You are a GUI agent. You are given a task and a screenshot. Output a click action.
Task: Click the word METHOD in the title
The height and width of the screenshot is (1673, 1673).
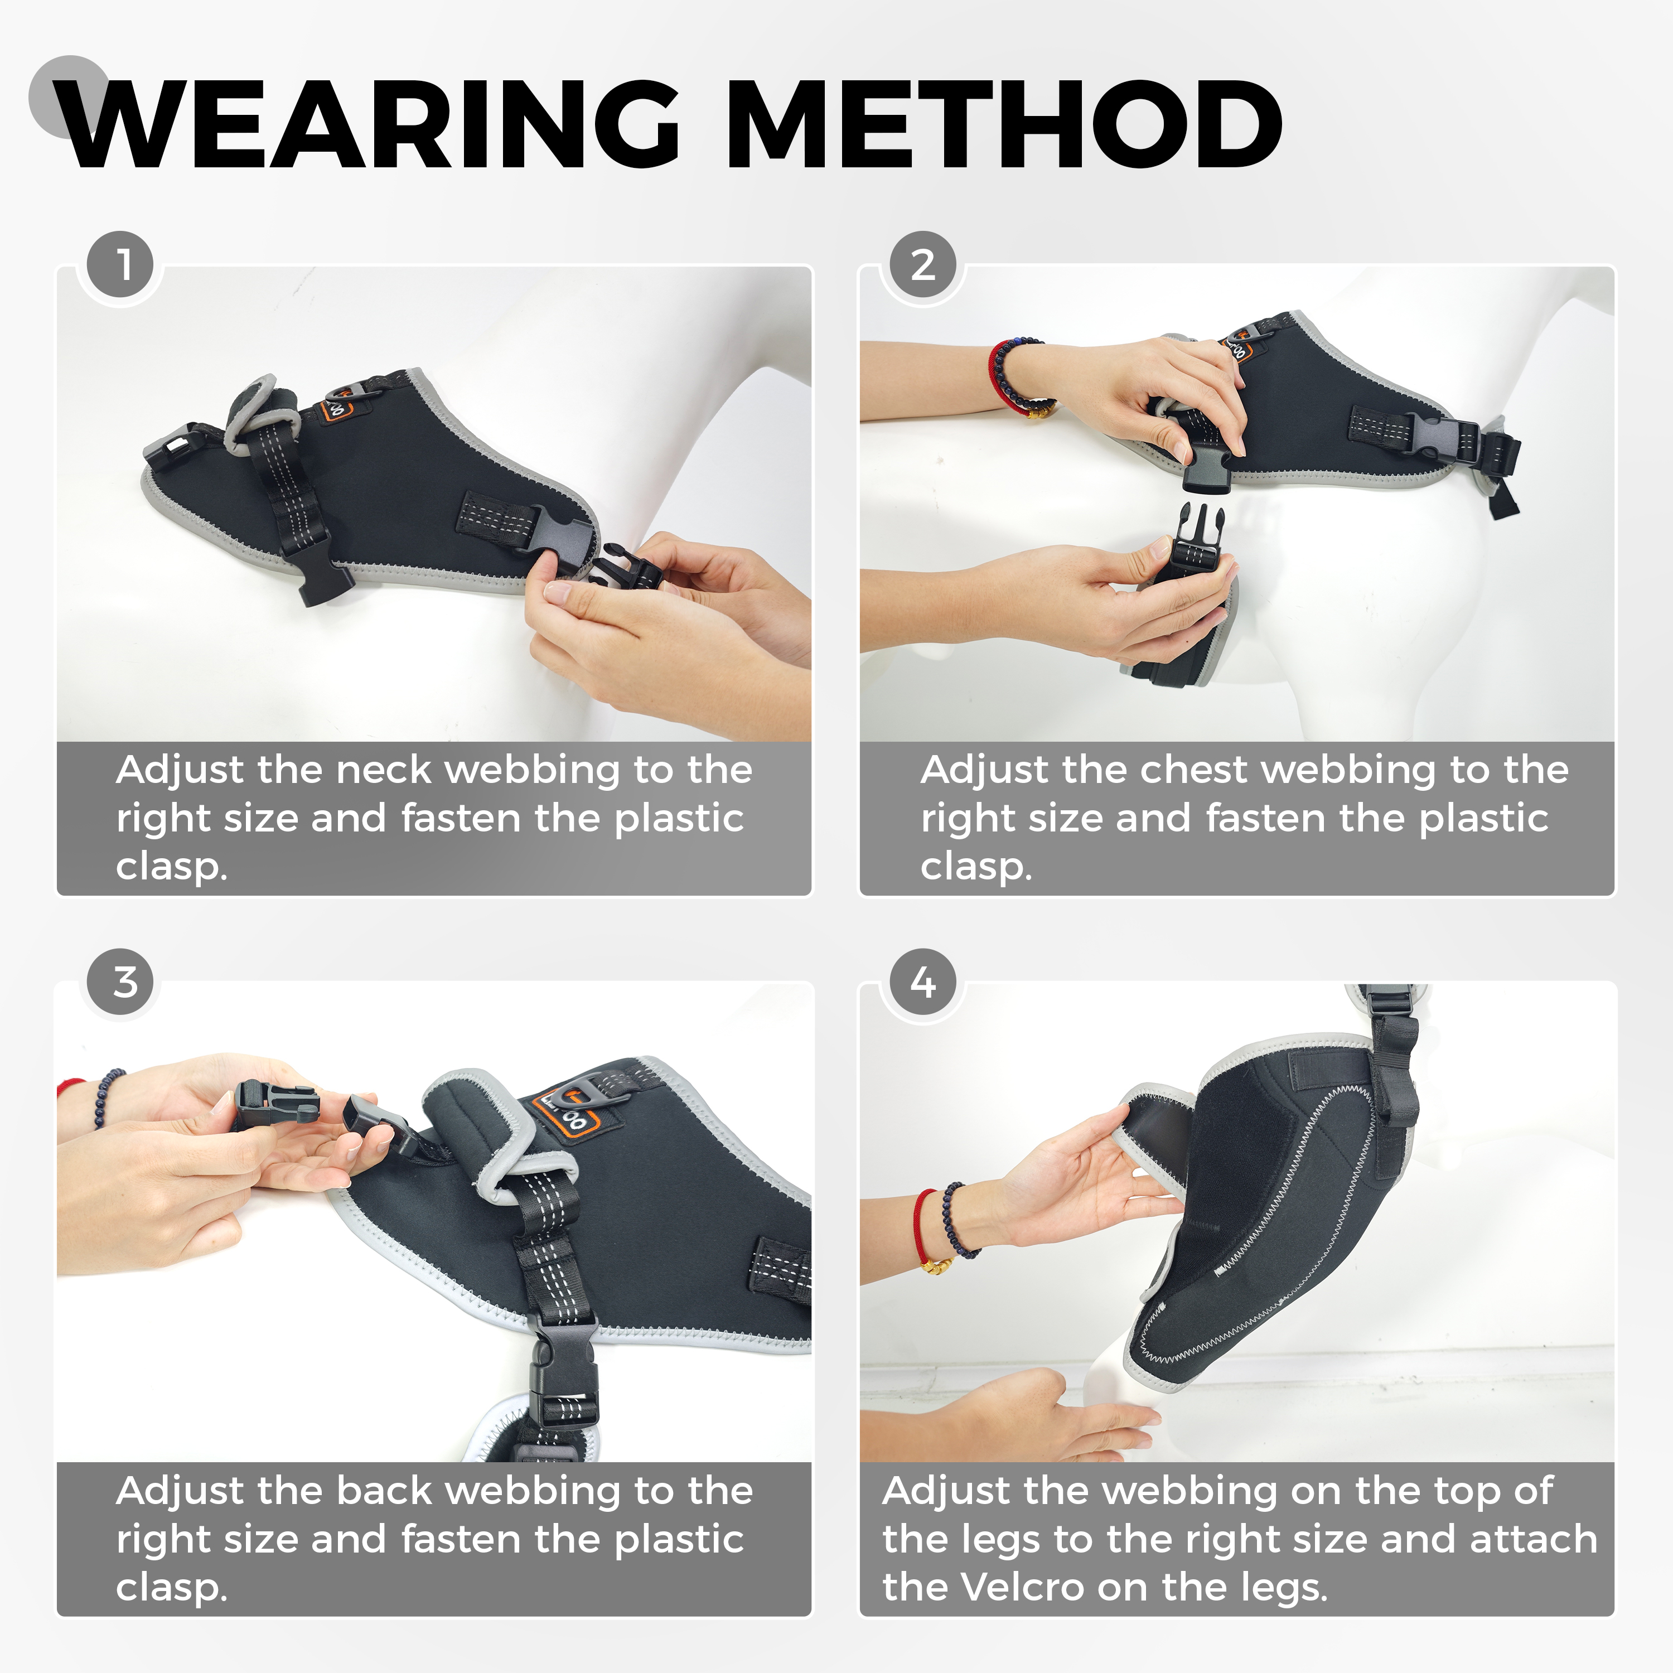(x=1004, y=124)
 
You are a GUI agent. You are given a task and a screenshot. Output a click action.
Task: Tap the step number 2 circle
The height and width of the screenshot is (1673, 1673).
(x=923, y=265)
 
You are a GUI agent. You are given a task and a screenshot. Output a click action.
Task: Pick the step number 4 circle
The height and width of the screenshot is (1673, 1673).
(x=923, y=983)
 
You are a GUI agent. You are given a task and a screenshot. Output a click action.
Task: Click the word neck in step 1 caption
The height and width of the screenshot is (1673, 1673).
(x=383, y=770)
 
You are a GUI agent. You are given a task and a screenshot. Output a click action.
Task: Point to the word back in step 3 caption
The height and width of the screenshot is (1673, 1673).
(x=384, y=1491)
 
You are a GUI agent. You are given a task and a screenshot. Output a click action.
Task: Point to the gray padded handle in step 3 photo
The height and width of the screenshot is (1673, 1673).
(x=485, y=1126)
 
